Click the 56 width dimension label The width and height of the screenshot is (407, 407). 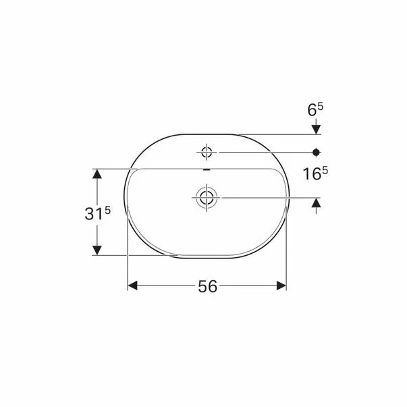pyautogui.click(x=207, y=286)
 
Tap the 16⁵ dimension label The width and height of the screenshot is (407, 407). pyautogui.click(x=315, y=174)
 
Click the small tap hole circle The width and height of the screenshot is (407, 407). pyautogui.click(x=207, y=152)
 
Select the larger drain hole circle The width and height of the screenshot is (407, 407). pyautogui.click(x=207, y=197)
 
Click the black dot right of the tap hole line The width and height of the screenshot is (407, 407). pyautogui.click(x=316, y=152)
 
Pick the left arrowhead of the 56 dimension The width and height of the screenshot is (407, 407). pyautogui.click(x=133, y=286)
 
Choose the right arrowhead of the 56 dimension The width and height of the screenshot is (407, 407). pyautogui.click(x=281, y=286)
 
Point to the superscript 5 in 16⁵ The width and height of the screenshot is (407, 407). pyautogui.click(x=325, y=170)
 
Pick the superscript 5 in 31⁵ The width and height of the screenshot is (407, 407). pyautogui.click(x=107, y=210)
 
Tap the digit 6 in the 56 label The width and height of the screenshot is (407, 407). pyautogui.click(x=213, y=286)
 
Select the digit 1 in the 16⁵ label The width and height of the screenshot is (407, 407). pyautogui.click(x=306, y=175)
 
